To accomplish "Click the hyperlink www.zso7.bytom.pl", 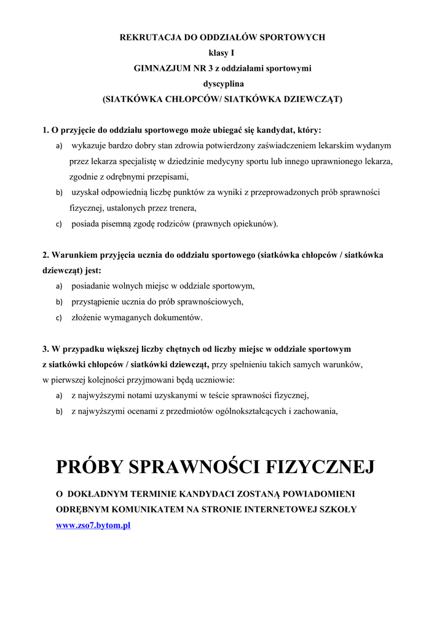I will click(93, 525).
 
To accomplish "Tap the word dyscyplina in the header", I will click(222, 84).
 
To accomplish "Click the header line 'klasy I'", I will click(222, 53).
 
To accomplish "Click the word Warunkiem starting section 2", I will click(76, 255).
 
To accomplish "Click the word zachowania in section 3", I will click(317, 411).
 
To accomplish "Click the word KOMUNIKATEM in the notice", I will click(141, 509).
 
